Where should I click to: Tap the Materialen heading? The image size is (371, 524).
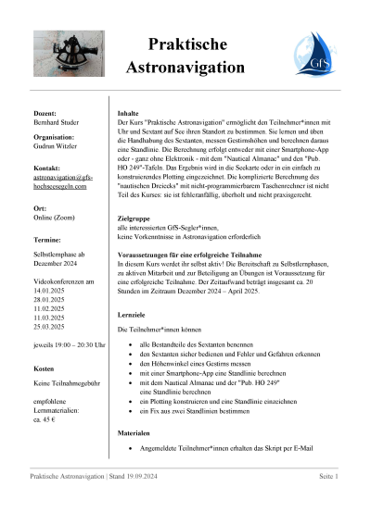pyautogui.click(x=136, y=432)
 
